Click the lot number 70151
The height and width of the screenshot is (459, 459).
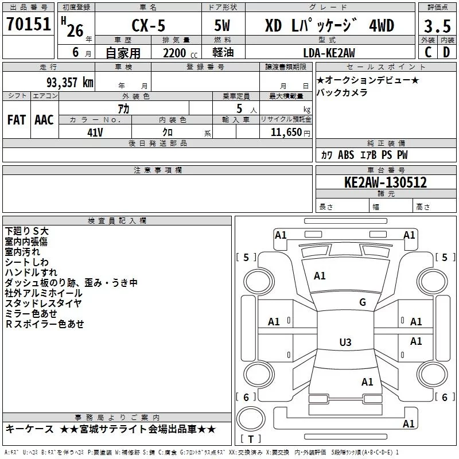(x=28, y=24)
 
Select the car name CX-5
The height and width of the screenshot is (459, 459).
(x=149, y=25)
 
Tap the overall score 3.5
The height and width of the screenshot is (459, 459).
(x=437, y=26)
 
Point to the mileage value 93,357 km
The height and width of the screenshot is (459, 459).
(x=70, y=82)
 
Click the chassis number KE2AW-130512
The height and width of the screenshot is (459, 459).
(x=386, y=182)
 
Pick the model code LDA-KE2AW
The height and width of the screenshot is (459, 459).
(x=329, y=53)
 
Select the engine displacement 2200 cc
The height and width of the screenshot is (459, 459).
(x=180, y=53)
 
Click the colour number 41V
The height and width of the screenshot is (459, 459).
(x=95, y=133)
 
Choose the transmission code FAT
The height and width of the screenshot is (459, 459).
(x=17, y=120)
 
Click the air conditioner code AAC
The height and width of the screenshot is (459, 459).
(x=44, y=120)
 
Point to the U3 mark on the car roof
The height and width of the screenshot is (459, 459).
(x=345, y=342)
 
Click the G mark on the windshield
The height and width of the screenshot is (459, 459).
(x=363, y=302)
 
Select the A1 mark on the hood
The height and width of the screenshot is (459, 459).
(x=320, y=275)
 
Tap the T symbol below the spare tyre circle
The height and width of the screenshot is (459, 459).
(x=251, y=439)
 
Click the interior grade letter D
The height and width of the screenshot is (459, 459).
(x=446, y=52)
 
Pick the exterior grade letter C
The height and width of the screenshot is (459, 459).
(x=428, y=52)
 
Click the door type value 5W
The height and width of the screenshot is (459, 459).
(x=222, y=25)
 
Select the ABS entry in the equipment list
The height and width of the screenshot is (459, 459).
(x=346, y=154)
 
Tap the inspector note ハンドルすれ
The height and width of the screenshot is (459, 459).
(x=31, y=272)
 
